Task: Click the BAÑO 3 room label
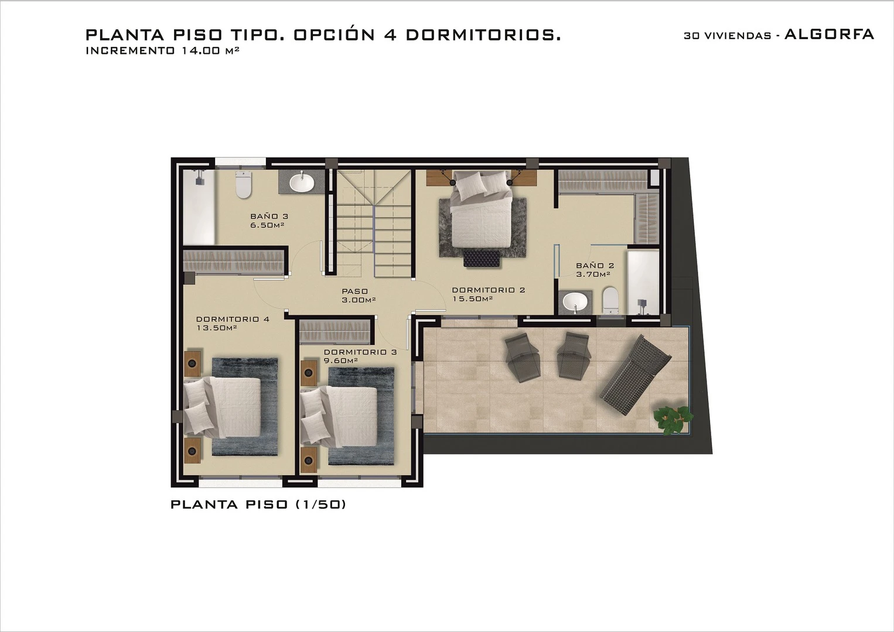269,216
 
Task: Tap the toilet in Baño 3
243,184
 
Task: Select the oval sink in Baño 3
301,182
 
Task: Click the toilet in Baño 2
610,301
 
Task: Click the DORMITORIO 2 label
489,290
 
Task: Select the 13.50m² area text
217,328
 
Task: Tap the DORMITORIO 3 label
360,352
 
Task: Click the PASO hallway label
355,291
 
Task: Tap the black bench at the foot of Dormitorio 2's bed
482,258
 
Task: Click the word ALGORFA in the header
830,35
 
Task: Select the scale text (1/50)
320,504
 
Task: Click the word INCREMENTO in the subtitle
130,51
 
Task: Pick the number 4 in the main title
390,35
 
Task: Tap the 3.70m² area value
593,274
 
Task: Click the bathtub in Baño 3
199,208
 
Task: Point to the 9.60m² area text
340,361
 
